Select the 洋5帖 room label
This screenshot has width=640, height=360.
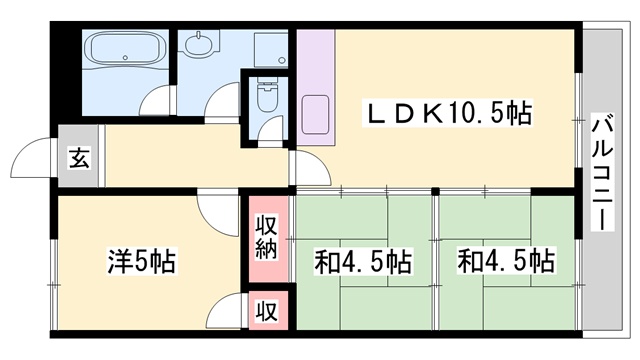click(x=141, y=262)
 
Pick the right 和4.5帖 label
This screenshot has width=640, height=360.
click(x=506, y=262)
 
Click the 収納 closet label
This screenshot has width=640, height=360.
click(x=266, y=237)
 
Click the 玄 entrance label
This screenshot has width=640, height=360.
click(x=78, y=158)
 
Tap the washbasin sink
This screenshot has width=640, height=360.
click(x=200, y=44)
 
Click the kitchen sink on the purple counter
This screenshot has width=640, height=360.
click(x=316, y=112)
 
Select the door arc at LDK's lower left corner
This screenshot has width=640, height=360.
click(x=310, y=171)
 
